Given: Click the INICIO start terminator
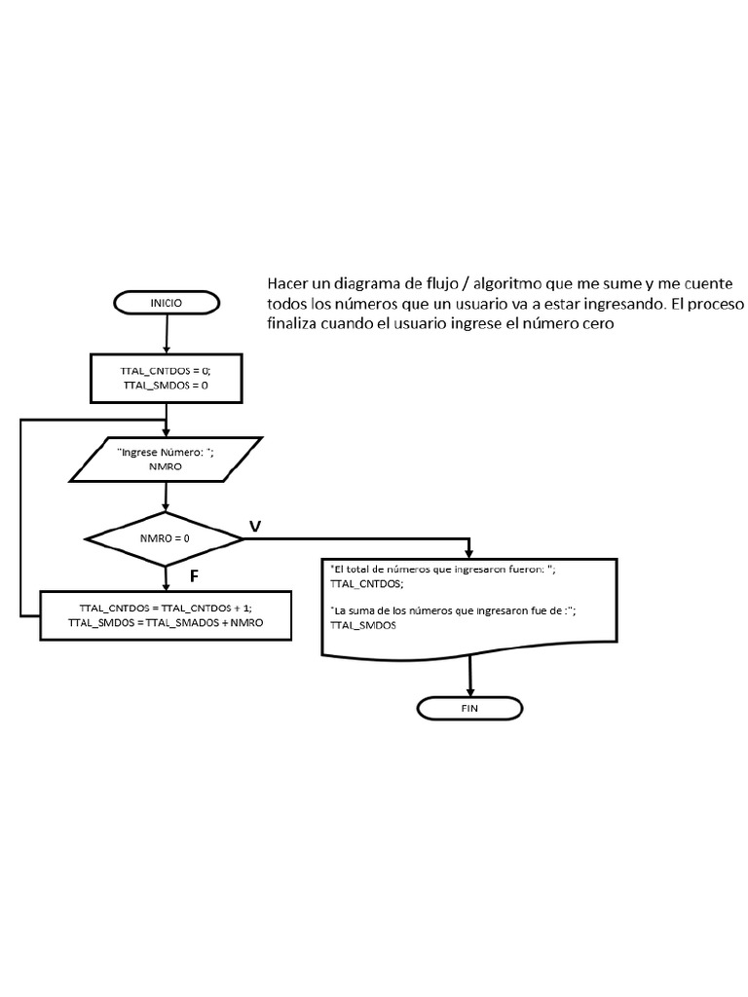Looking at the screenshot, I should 167,303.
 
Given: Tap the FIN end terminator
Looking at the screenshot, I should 469,708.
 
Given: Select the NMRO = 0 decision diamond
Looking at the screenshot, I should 165,538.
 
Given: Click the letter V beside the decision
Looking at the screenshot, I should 255,526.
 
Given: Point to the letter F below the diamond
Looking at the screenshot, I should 194,576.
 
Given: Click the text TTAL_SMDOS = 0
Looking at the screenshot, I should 167,385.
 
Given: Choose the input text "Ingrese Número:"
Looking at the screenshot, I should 168,453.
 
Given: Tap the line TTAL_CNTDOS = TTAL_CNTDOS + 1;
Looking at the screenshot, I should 166,607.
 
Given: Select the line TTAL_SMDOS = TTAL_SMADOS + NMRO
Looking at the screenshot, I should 166,622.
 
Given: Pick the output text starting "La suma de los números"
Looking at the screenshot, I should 455,610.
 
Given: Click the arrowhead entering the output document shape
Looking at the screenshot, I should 470,550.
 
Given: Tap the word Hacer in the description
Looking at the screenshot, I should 288,283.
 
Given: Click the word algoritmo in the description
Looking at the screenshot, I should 512,283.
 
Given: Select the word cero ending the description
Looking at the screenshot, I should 597,324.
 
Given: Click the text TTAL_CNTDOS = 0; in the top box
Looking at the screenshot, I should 167,370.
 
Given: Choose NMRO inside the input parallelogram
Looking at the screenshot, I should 168,466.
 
